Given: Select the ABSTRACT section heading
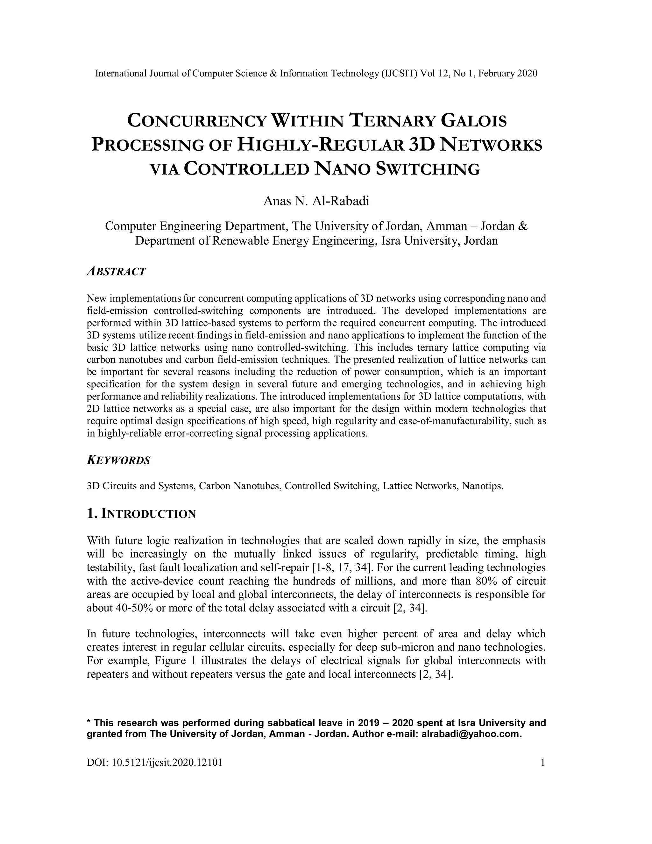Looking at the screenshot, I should click(x=116, y=272).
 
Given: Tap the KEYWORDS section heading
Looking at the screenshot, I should click(x=118, y=460).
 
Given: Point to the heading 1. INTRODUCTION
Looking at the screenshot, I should click(x=141, y=514).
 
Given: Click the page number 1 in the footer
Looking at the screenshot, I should click(x=543, y=762).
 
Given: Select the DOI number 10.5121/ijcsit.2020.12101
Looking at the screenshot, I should click(x=167, y=762).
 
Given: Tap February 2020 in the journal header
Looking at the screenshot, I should click(x=507, y=74).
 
